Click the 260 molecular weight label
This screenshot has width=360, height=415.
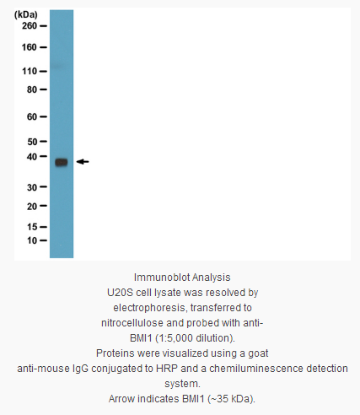[30, 26]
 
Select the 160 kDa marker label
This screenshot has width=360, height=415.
[30, 47]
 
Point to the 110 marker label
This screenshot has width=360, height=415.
[30, 72]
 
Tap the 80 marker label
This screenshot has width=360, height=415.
[32, 89]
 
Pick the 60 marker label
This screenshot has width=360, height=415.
[32, 116]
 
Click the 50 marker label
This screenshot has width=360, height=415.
[32, 142]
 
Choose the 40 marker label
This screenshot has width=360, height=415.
[32, 157]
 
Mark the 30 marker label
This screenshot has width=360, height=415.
[32, 187]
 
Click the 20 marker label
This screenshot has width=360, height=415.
[32, 207]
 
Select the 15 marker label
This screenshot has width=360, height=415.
[32, 227]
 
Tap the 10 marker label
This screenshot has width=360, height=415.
[32, 240]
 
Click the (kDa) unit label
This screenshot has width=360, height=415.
[26, 15]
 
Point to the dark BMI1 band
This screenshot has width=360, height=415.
[62, 162]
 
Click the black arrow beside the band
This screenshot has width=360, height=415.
[83, 162]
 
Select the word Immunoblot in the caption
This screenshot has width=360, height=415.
[162, 278]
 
